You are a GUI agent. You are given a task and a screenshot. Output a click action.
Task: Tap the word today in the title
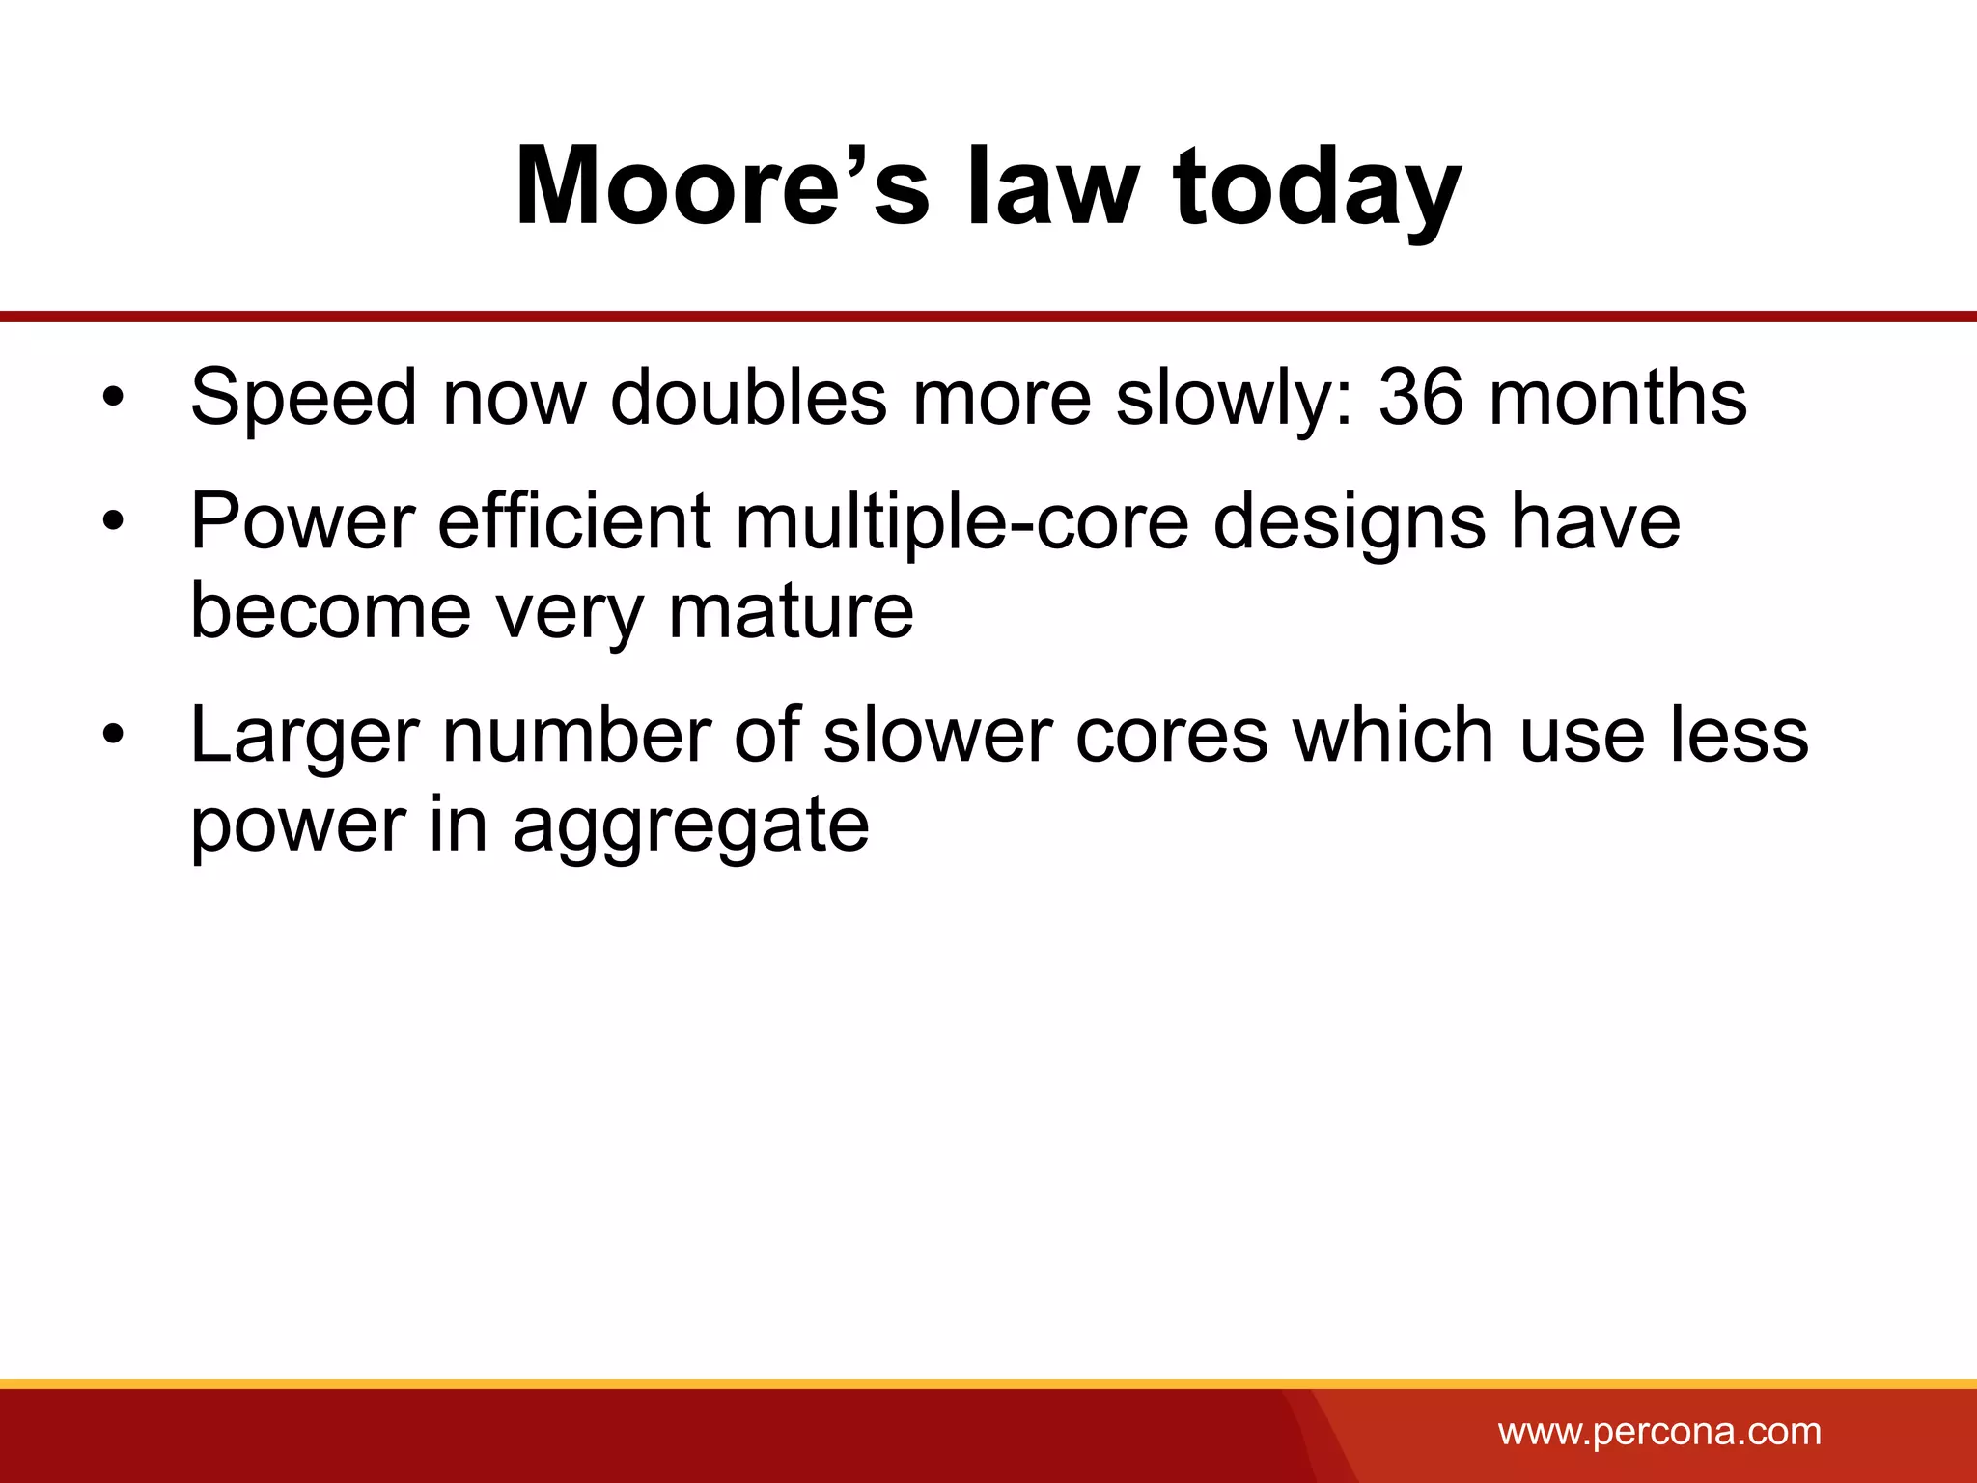point(1316,188)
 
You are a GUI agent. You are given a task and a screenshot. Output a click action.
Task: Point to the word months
point(1618,397)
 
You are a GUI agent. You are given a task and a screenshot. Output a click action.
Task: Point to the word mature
point(791,611)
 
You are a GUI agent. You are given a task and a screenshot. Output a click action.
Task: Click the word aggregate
point(691,827)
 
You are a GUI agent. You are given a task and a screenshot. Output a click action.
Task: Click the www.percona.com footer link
point(1659,1432)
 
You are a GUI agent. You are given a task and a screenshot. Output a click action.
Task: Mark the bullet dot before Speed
point(114,397)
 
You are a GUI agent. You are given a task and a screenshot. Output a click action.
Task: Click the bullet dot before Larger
point(114,736)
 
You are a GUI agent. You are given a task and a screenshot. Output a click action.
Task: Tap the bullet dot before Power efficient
point(114,521)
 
